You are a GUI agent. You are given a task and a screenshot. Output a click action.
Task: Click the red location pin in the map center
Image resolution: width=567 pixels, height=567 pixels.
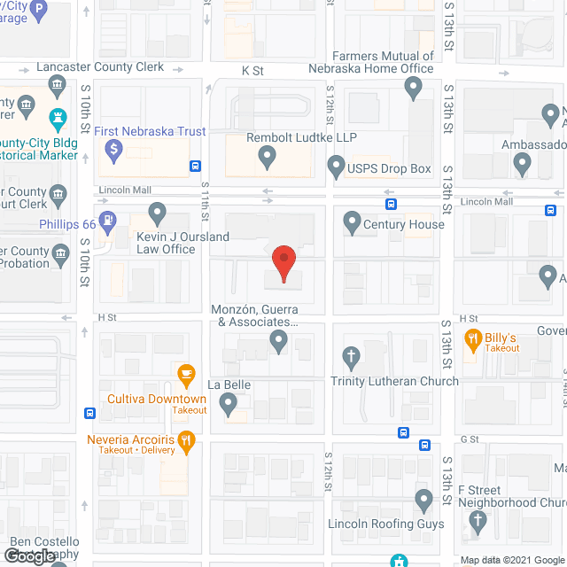point(283,262)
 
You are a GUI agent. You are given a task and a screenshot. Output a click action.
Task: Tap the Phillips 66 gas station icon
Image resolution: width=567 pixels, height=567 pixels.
point(108,221)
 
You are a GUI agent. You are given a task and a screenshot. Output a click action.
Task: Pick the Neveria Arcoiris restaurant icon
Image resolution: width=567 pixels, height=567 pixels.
point(186,439)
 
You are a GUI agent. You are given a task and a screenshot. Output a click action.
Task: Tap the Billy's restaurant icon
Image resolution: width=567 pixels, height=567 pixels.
point(473,338)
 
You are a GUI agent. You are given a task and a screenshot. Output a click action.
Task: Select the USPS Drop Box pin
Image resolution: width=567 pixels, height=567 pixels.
point(337,165)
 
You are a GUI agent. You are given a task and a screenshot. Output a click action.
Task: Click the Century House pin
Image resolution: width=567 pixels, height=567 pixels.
point(352,221)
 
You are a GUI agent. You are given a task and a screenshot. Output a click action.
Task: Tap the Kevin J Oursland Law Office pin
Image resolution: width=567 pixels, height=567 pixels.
point(158,213)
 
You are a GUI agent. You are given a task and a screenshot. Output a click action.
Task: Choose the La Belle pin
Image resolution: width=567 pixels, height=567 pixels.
point(229,406)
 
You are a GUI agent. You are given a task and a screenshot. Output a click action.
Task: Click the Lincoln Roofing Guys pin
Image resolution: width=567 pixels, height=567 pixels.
point(423,501)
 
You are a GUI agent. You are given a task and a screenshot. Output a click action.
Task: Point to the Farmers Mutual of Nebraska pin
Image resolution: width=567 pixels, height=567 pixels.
point(413,87)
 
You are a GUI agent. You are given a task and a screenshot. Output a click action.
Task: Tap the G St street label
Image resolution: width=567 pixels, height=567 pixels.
point(469,439)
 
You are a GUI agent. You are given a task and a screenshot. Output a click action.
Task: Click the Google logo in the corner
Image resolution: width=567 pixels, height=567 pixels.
point(28,556)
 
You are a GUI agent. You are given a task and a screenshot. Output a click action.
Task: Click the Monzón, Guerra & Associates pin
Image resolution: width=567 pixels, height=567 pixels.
point(279,341)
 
